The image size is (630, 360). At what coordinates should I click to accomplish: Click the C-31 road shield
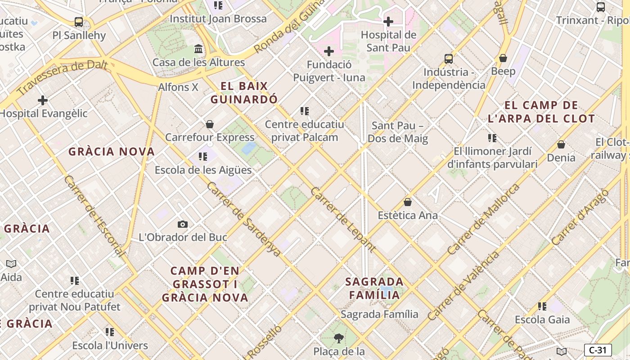598,350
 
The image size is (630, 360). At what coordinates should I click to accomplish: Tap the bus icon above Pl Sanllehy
79,22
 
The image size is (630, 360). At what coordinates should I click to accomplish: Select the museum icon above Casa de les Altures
198,49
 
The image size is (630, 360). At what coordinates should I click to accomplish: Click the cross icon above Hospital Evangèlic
43,100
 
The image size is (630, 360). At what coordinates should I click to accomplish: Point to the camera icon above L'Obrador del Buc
183,224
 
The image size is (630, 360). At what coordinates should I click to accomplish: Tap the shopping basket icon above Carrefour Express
210,124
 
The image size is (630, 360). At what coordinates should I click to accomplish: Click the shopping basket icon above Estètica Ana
408,202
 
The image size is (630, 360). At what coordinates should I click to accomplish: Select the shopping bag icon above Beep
503,58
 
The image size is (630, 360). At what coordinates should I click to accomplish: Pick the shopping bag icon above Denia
561,144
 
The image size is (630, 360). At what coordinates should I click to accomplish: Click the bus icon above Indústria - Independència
449,58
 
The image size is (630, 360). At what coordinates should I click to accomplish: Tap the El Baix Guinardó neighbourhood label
244,93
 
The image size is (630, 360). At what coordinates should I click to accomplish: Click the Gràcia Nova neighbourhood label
112,152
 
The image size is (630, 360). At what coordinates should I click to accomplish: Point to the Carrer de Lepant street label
343,219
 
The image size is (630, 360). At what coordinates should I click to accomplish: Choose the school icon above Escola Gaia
542,306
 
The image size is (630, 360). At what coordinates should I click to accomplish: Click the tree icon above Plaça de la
339,338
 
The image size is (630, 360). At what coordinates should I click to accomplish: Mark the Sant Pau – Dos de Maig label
398,132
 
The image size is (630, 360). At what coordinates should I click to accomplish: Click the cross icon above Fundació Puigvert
329,51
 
